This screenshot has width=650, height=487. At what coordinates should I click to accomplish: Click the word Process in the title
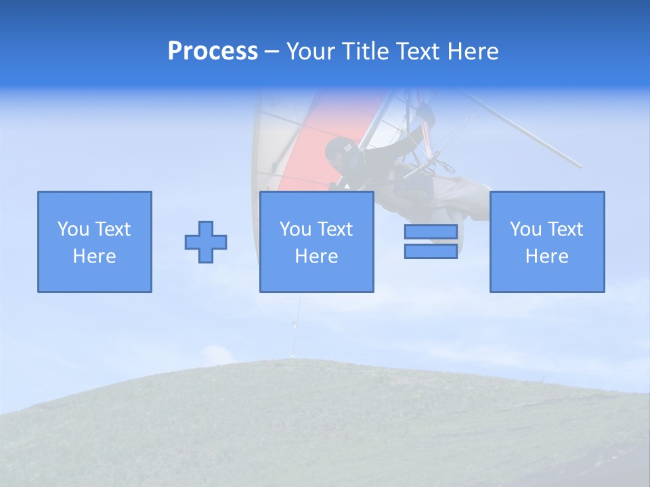click(x=213, y=51)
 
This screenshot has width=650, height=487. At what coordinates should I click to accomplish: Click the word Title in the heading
click(x=366, y=51)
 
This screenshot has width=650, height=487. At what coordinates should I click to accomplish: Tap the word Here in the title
click(x=473, y=51)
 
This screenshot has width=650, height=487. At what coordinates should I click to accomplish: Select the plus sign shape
click(x=206, y=242)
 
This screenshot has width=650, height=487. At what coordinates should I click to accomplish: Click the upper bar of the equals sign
click(x=431, y=232)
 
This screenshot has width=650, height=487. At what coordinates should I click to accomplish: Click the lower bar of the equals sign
click(x=431, y=252)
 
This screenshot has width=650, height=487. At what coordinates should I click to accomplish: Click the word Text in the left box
click(x=112, y=229)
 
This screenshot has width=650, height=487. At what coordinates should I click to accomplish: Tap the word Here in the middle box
click(x=316, y=256)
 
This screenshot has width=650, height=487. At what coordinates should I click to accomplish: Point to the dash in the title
click(x=272, y=51)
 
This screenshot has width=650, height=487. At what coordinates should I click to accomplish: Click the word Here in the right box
click(x=546, y=256)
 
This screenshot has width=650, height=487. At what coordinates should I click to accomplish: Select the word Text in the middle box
click(x=334, y=229)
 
